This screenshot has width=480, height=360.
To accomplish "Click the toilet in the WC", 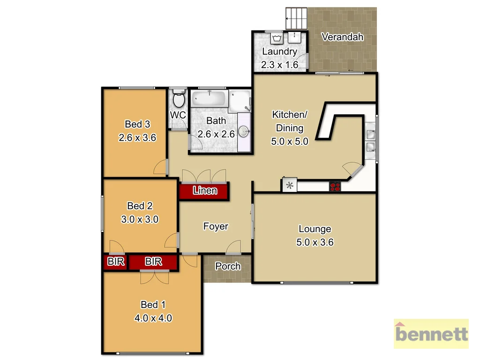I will [178, 100].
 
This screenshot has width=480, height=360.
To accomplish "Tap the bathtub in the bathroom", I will [209, 99].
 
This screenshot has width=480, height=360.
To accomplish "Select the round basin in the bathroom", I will [244, 131].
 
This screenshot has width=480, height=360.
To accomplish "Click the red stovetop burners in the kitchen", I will [335, 186].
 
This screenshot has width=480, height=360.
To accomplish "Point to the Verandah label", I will [343, 37].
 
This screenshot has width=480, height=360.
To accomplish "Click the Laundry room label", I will [279, 52].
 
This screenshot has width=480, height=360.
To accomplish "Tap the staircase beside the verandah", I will [296, 19].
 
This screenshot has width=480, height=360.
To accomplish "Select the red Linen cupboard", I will [204, 191].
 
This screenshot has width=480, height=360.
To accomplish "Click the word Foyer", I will [216, 226].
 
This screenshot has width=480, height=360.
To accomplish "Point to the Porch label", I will [228, 266].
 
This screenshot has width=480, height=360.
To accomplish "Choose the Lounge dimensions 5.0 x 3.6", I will [315, 242].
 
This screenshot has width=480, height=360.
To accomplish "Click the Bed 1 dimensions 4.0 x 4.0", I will [153, 318].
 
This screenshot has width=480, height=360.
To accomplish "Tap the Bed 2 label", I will [140, 206].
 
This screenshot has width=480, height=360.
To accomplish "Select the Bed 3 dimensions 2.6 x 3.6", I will [137, 138].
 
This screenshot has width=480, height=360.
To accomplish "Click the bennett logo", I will [431, 334].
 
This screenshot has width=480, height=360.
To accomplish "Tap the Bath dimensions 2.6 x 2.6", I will [216, 134].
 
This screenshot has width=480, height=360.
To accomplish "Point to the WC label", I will [178, 115].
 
